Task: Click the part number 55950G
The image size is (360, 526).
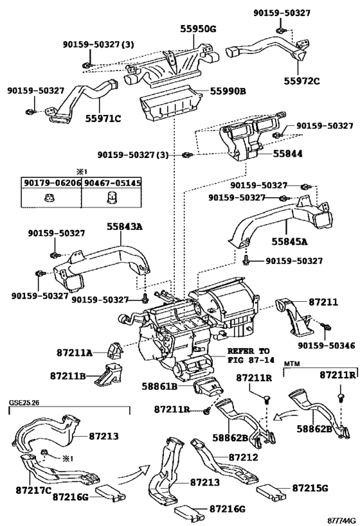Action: pyautogui.click(x=198, y=29)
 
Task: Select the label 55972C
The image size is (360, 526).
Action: pyautogui.click(x=302, y=81)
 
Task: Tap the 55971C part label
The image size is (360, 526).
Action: pyautogui.click(x=103, y=118)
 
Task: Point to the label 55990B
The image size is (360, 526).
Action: pyautogui.click(x=228, y=91)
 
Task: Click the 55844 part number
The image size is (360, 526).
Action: pyautogui.click(x=288, y=153)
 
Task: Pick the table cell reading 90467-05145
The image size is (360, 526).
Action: pyautogui.click(x=112, y=183)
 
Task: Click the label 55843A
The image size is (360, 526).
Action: pyautogui.click(x=125, y=227)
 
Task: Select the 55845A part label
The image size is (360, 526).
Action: pyautogui.click(x=290, y=241)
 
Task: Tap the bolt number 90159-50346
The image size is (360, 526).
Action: pyautogui.click(x=326, y=345)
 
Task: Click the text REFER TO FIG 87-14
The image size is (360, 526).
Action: pyautogui.click(x=251, y=356)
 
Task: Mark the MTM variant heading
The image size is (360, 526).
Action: pyautogui.click(x=291, y=364)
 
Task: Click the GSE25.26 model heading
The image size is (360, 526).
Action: pyautogui.click(x=24, y=402)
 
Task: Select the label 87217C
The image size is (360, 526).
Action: pyautogui.click(x=33, y=490)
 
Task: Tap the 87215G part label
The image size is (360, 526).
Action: pyautogui.click(x=310, y=488)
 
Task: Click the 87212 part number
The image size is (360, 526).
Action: pyautogui.click(x=244, y=457)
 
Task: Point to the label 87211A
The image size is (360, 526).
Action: pyautogui.click(x=74, y=353)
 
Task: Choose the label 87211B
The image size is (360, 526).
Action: pyautogui.click(x=69, y=376)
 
